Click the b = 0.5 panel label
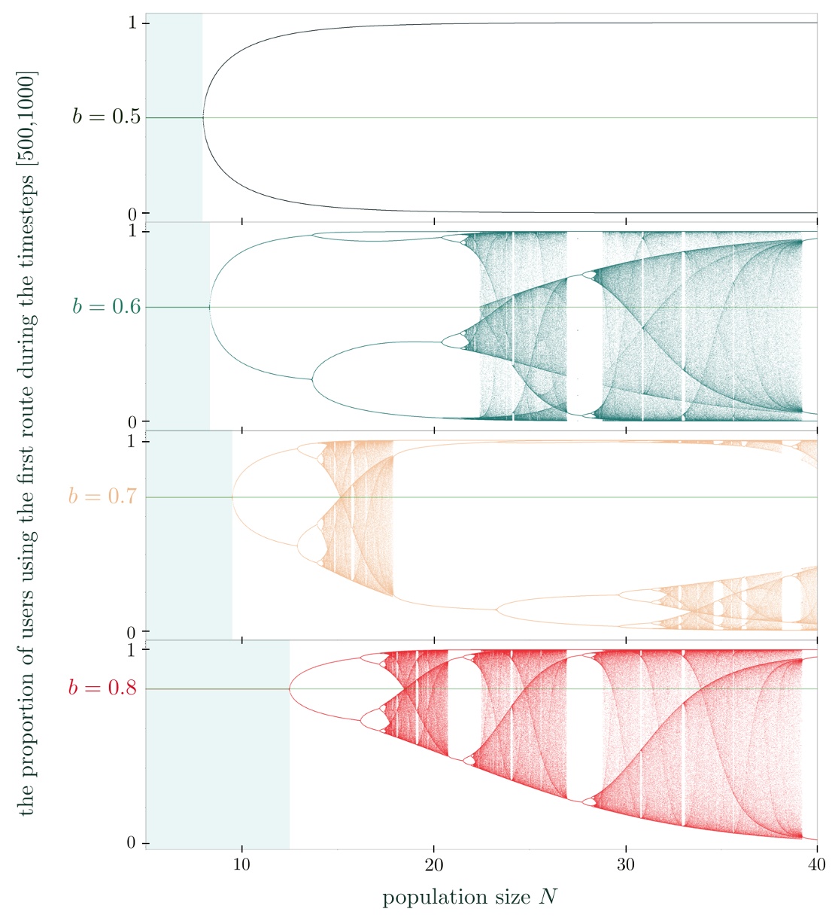(x=106, y=117)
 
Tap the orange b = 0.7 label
(x=102, y=497)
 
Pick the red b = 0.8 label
(x=102, y=688)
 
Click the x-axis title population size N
(x=470, y=897)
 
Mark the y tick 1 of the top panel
(x=132, y=23)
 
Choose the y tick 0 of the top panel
(x=132, y=213)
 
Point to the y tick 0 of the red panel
(x=132, y=843)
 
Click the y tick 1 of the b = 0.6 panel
(x=132, y=231)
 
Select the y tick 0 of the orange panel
(x=132, y=632)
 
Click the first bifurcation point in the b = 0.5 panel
(x=203, y=117)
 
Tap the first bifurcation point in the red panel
(x=290, y=688)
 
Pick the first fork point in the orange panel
(x=233, y=497)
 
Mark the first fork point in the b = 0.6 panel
(x=210, y=307)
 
